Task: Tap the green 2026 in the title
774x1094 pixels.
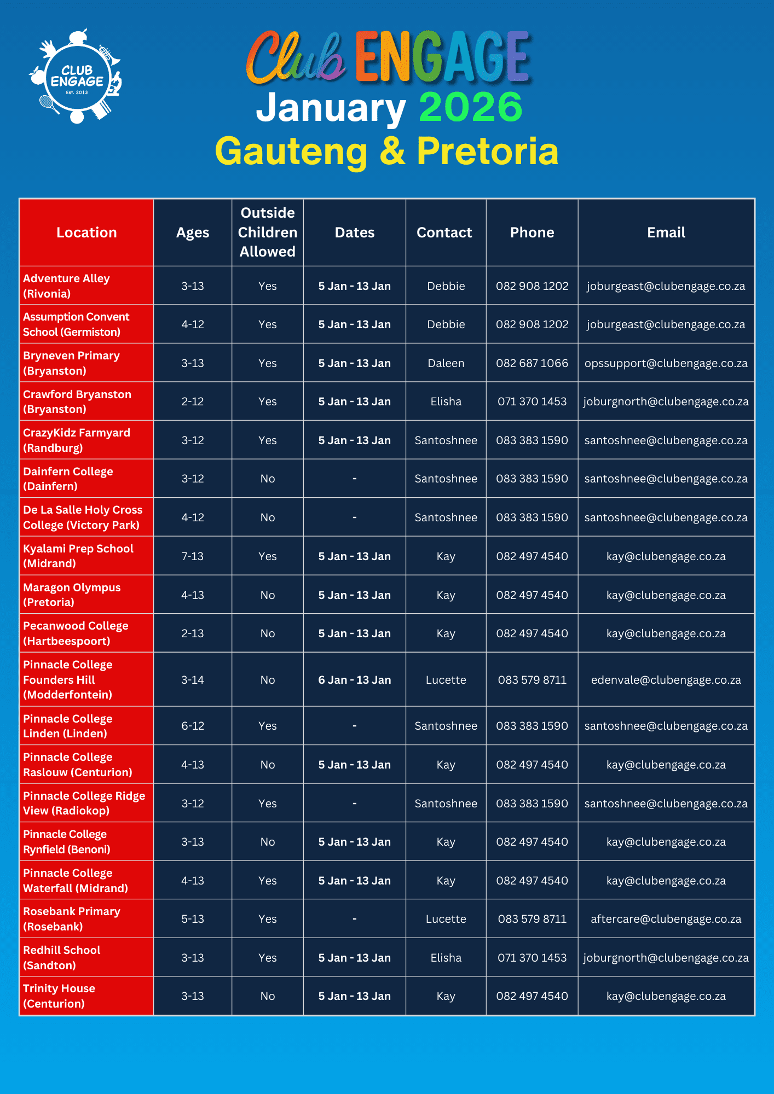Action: point(470,107)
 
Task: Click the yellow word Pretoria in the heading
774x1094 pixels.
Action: point(487,150)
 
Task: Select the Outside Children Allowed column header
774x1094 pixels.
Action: point(268,232)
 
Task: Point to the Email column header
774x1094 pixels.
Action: point(666,232)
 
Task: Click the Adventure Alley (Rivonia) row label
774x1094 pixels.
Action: point(66,286)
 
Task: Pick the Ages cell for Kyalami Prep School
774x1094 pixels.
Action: point(193,556)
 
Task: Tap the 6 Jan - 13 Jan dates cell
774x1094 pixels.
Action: point(355,680)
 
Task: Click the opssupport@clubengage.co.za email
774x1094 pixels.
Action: point(666,363)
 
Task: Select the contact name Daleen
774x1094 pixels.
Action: point(446,363)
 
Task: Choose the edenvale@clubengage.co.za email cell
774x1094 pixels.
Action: point(666,680)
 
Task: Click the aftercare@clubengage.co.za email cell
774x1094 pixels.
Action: point(666,919)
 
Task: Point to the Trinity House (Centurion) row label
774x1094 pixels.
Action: point(59,996)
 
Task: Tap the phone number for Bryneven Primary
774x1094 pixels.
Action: point(532,363)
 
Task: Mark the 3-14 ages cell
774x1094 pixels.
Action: point(193,680)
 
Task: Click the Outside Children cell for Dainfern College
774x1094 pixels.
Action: point(268,479)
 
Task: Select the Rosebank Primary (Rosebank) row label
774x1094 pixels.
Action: point(72,918)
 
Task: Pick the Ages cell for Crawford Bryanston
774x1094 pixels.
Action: point(193,401)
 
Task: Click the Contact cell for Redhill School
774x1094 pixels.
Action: point(446,958)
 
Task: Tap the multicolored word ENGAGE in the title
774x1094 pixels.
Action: point(442,56)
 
